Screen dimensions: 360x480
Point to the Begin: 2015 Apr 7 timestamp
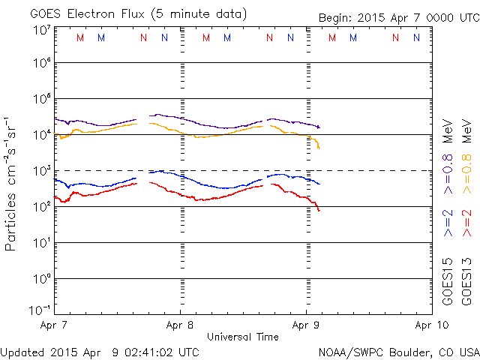click(397, 17)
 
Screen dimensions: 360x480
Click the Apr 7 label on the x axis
click(54, 325)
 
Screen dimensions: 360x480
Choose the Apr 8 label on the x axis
click(180, 325)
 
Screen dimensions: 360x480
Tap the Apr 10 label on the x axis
click(429, 325)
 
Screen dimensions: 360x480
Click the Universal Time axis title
click(242, 337)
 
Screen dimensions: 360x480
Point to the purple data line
click(97, 124)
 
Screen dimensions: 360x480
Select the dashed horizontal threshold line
click(375, 171)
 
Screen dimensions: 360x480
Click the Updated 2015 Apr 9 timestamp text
click(100, 352)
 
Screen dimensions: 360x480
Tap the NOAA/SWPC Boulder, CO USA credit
click(398, 352)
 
